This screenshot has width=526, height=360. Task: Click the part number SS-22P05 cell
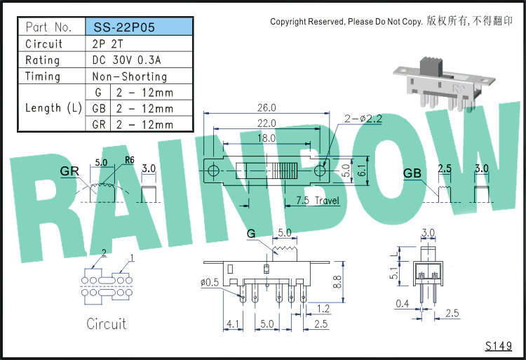140,27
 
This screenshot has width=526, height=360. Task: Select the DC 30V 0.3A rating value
126,60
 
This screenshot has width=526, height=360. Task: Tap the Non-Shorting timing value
130,76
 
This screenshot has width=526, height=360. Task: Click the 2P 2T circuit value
108,44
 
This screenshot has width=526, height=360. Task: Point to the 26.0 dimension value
267,107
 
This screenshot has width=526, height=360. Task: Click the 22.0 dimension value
267,123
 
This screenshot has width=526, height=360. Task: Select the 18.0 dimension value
267,138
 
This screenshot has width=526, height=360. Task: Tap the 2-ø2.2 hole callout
363,119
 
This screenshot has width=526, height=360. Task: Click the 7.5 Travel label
317,201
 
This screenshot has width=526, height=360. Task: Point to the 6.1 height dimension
363,171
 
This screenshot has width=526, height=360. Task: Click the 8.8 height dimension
337,282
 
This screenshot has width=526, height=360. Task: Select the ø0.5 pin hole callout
210,283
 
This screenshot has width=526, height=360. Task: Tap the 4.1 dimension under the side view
233,324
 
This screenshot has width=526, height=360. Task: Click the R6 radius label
130,160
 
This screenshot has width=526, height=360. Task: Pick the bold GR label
69,171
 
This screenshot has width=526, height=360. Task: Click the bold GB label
412,173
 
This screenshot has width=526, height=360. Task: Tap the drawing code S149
499,346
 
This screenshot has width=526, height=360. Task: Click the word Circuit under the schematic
107,324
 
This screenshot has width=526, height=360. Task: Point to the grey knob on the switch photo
431,66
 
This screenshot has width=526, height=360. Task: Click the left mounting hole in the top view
213,171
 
